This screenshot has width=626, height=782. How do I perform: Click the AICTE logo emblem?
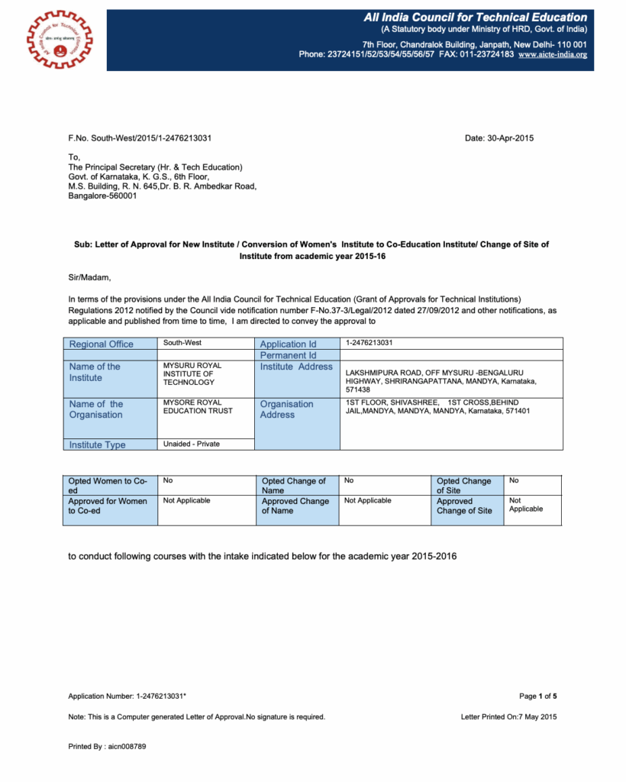click(x=58, y=37)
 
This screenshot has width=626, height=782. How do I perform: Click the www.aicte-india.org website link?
click(x=552, y=55)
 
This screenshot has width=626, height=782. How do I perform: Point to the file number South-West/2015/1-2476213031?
click(x=140, y=138)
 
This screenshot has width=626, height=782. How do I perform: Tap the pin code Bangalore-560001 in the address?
click(x=103, y=195)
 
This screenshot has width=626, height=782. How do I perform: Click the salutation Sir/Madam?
click(x=89, y=277)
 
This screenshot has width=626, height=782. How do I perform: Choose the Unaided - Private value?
click(x=192, y=444)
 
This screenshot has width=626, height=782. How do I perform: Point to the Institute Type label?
click(x=98, y=444)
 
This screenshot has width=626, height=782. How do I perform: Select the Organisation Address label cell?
click(x=286, y=409)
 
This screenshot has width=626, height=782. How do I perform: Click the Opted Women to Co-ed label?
click(x=108, y=485)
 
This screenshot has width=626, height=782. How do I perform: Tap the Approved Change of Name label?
click(x=295, y=506)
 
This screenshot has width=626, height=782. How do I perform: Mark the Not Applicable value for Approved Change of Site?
click(x=526, y=505)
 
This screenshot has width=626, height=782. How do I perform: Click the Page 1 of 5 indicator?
click(x=537, y=696)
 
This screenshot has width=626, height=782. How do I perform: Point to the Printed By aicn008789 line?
click(x=107, y=746)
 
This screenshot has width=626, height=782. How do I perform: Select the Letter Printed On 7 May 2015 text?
click(x=508, y=717)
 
